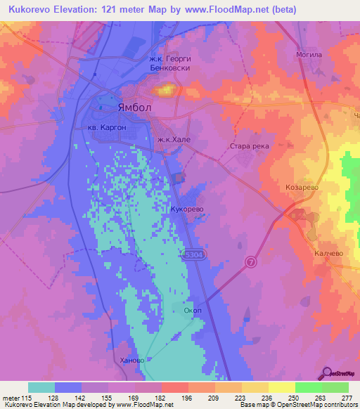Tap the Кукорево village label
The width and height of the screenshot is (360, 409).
click(x=187, y=209)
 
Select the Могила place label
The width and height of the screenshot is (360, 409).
click(x=310, y=54)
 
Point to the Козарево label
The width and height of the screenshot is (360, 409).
click(x=303, y=188)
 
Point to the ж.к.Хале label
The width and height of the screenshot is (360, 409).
click(x=174, y=140)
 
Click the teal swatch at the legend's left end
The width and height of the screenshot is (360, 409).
click(x=41, y=387)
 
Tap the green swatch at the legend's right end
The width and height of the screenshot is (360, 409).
click(x=335, y=387)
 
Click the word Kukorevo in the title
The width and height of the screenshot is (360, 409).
click(x=37, y=10)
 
